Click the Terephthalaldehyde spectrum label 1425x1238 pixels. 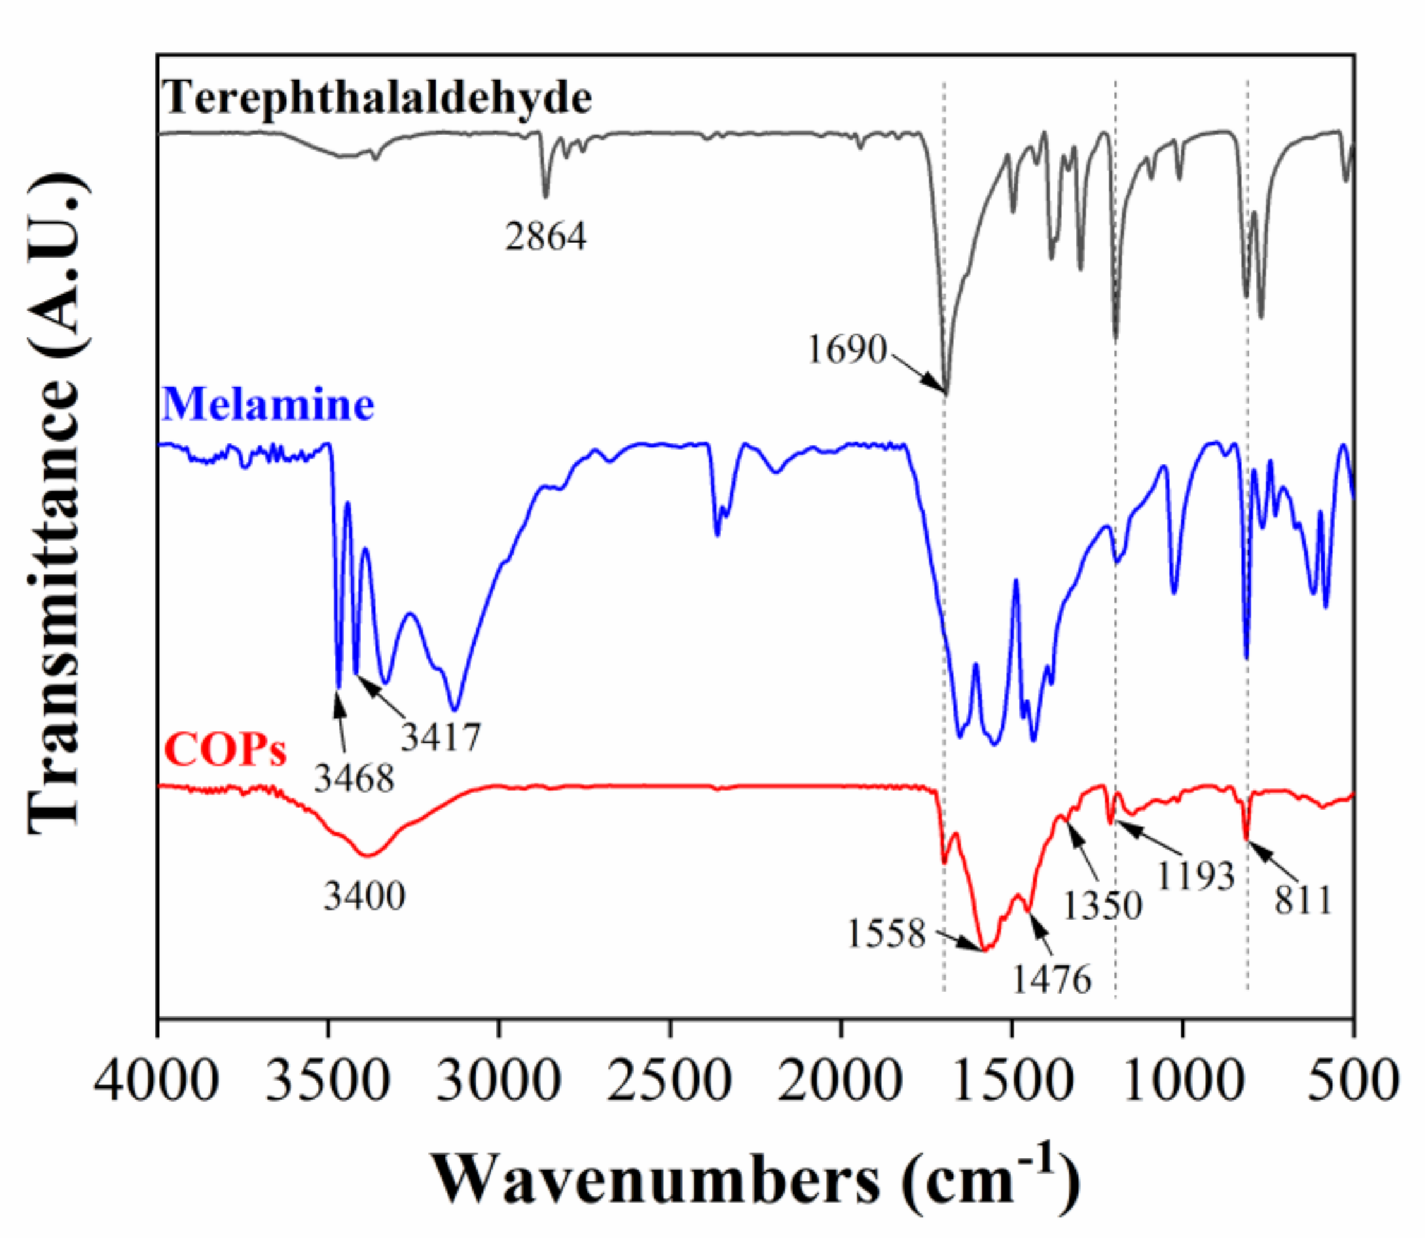[376, 97]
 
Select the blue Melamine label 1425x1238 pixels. [268, 404]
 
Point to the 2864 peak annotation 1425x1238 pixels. [545, 236]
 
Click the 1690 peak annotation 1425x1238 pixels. [847, 349]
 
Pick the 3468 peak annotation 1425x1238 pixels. [354, 779]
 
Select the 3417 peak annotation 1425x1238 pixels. [441, 737]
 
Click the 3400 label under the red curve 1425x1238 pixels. [364, 897]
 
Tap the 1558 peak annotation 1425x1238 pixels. [886, 934]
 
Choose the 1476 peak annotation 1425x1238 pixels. [1051, 979]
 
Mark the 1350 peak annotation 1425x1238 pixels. [1102, 906]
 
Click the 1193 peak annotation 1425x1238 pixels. [1195, 877]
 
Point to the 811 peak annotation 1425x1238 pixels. [1302, 901]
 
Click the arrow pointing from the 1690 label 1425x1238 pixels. [918, 374]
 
